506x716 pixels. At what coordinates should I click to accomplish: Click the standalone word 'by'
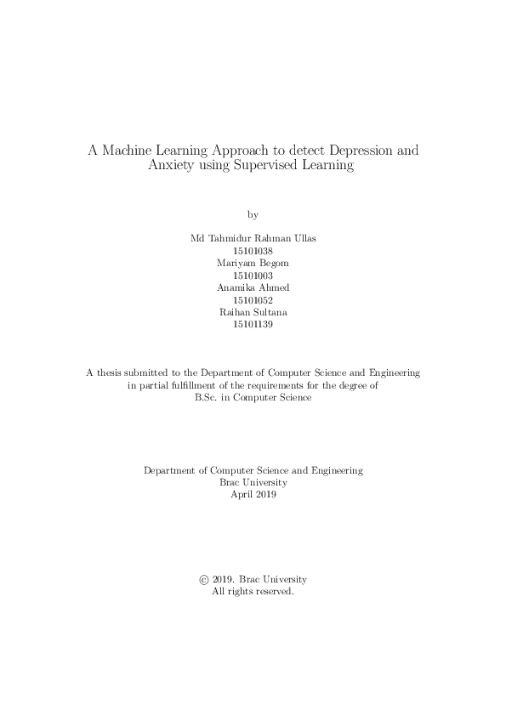pos(253,213)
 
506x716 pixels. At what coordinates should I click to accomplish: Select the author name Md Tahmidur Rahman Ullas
pos(253,240)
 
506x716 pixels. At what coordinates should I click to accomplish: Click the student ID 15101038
pos(253,252)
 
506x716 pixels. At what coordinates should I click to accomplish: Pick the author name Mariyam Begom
pos(253,264)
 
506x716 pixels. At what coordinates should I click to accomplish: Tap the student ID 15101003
pos(253,276)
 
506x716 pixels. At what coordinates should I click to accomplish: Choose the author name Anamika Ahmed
pos(253,288)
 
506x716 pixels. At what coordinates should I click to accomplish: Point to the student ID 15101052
pos(253,300)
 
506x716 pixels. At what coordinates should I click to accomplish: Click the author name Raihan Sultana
pos(253,312)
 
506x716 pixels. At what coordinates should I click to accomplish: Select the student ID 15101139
pos(253,324)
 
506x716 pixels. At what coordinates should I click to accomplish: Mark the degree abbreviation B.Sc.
pos(208,397)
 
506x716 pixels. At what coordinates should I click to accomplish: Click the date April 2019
pos(253,494)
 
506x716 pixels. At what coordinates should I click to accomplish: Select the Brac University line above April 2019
pos(253,482)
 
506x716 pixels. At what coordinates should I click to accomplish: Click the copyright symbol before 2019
pos(203,579)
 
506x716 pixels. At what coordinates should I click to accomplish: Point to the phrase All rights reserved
pos(253,591)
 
